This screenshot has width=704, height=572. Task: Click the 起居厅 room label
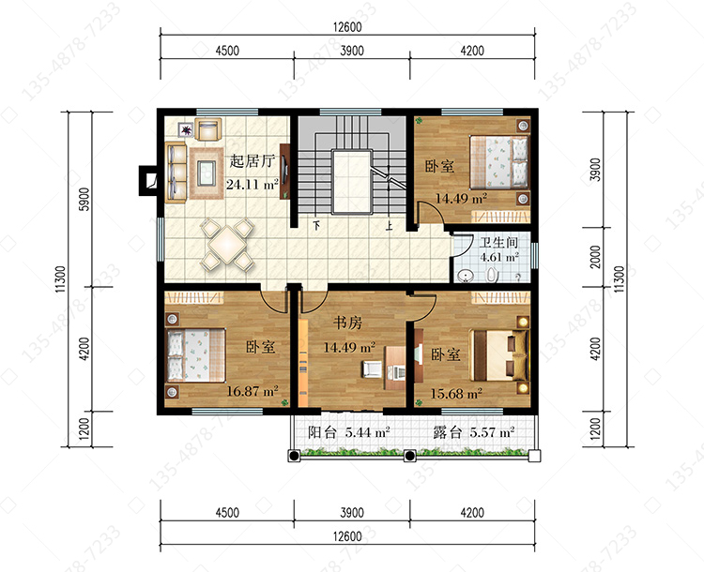click(x=252, y=161)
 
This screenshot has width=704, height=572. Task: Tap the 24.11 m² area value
click(x=253, y=184)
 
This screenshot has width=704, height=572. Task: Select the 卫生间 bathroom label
click(x=498, y=243)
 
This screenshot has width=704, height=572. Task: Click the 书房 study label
click(x=347, y=323)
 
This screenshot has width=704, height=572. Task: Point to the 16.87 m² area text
click(x=253, y=391)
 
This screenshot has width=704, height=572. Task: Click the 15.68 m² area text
click(x=456, y=394)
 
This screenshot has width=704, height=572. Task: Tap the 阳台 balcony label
click(x=322, y=432)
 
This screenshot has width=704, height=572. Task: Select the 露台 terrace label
click(x=448, y=432)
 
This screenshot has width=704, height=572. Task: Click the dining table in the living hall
click(x=228, y=245)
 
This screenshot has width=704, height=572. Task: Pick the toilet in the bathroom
click(x=493, y=275)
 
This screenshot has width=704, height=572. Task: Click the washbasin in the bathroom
click(x=466, y=276)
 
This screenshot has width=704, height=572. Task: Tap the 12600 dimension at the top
click(x=347, y=27)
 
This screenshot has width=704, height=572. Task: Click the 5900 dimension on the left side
click(x=84, y=199)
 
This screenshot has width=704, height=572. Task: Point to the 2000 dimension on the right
click(x=595, y=257)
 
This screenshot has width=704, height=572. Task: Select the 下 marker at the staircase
click(x=316, y=225)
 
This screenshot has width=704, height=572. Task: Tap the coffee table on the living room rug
click(x=207, y=173)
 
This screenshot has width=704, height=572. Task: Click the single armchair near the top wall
click(x=208, y=129)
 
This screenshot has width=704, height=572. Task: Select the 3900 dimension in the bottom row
click(x=352, y=512)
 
